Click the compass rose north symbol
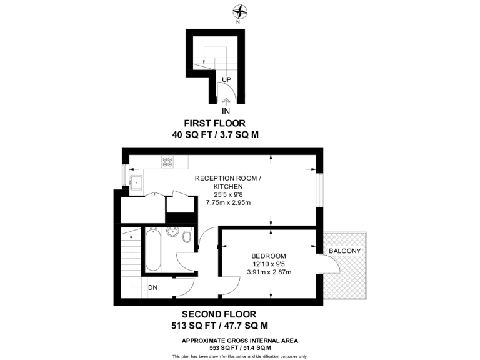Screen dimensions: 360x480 pyautogui.click(x=239, y=11)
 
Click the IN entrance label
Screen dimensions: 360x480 pyautogui.click(x=226, y=111)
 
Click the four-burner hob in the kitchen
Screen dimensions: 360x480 pyautogui.click(x=167, y=161)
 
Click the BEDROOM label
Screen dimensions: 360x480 pyautogui.click(x=269, y=256)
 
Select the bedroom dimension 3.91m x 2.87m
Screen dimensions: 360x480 pyautogui.click(x=269, y=272)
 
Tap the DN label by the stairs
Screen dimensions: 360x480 pyautogui.click(x=153, y=288)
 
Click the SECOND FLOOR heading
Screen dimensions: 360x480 pyautogui.click(x=219, y=314)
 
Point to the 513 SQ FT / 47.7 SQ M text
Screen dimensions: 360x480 pyautogui.click(x=219, y=326)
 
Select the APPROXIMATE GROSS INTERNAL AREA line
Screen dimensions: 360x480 pyautogui.click(x=240, y=341)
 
